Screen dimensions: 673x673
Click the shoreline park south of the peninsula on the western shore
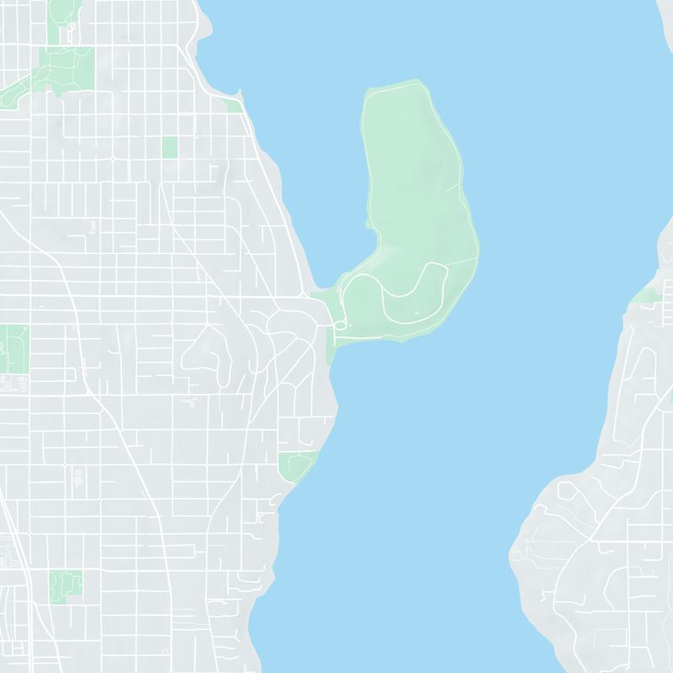click(x=296, y=464)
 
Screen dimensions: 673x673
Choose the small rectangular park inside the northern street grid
click(x=170, y=147)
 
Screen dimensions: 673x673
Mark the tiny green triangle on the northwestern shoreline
click(x=235, y=105)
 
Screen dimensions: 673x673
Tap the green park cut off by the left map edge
click(x=13, y=349)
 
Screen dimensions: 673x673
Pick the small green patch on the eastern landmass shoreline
click(x=649, y=295)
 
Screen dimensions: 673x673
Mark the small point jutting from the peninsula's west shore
click(x=368, y=223)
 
